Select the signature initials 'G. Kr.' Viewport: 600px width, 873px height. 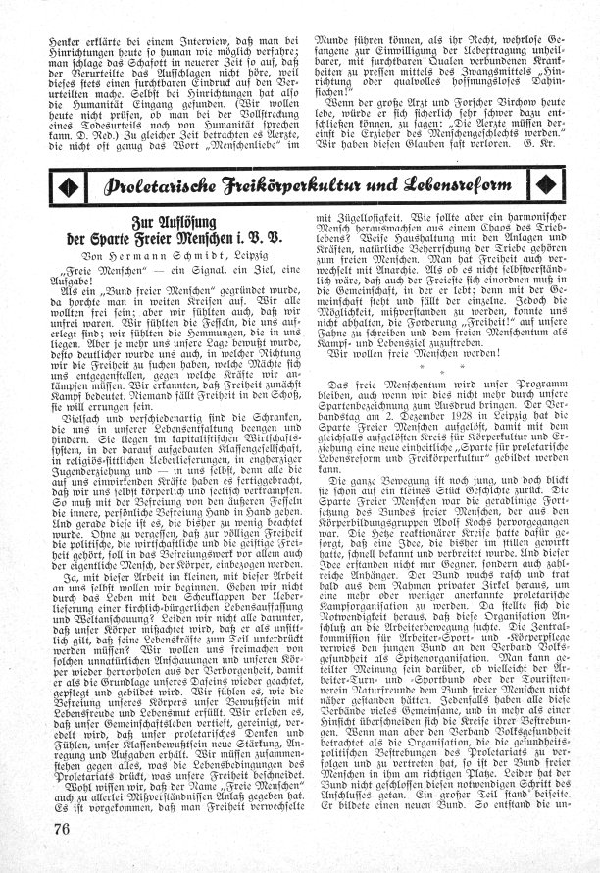click(547, 143)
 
